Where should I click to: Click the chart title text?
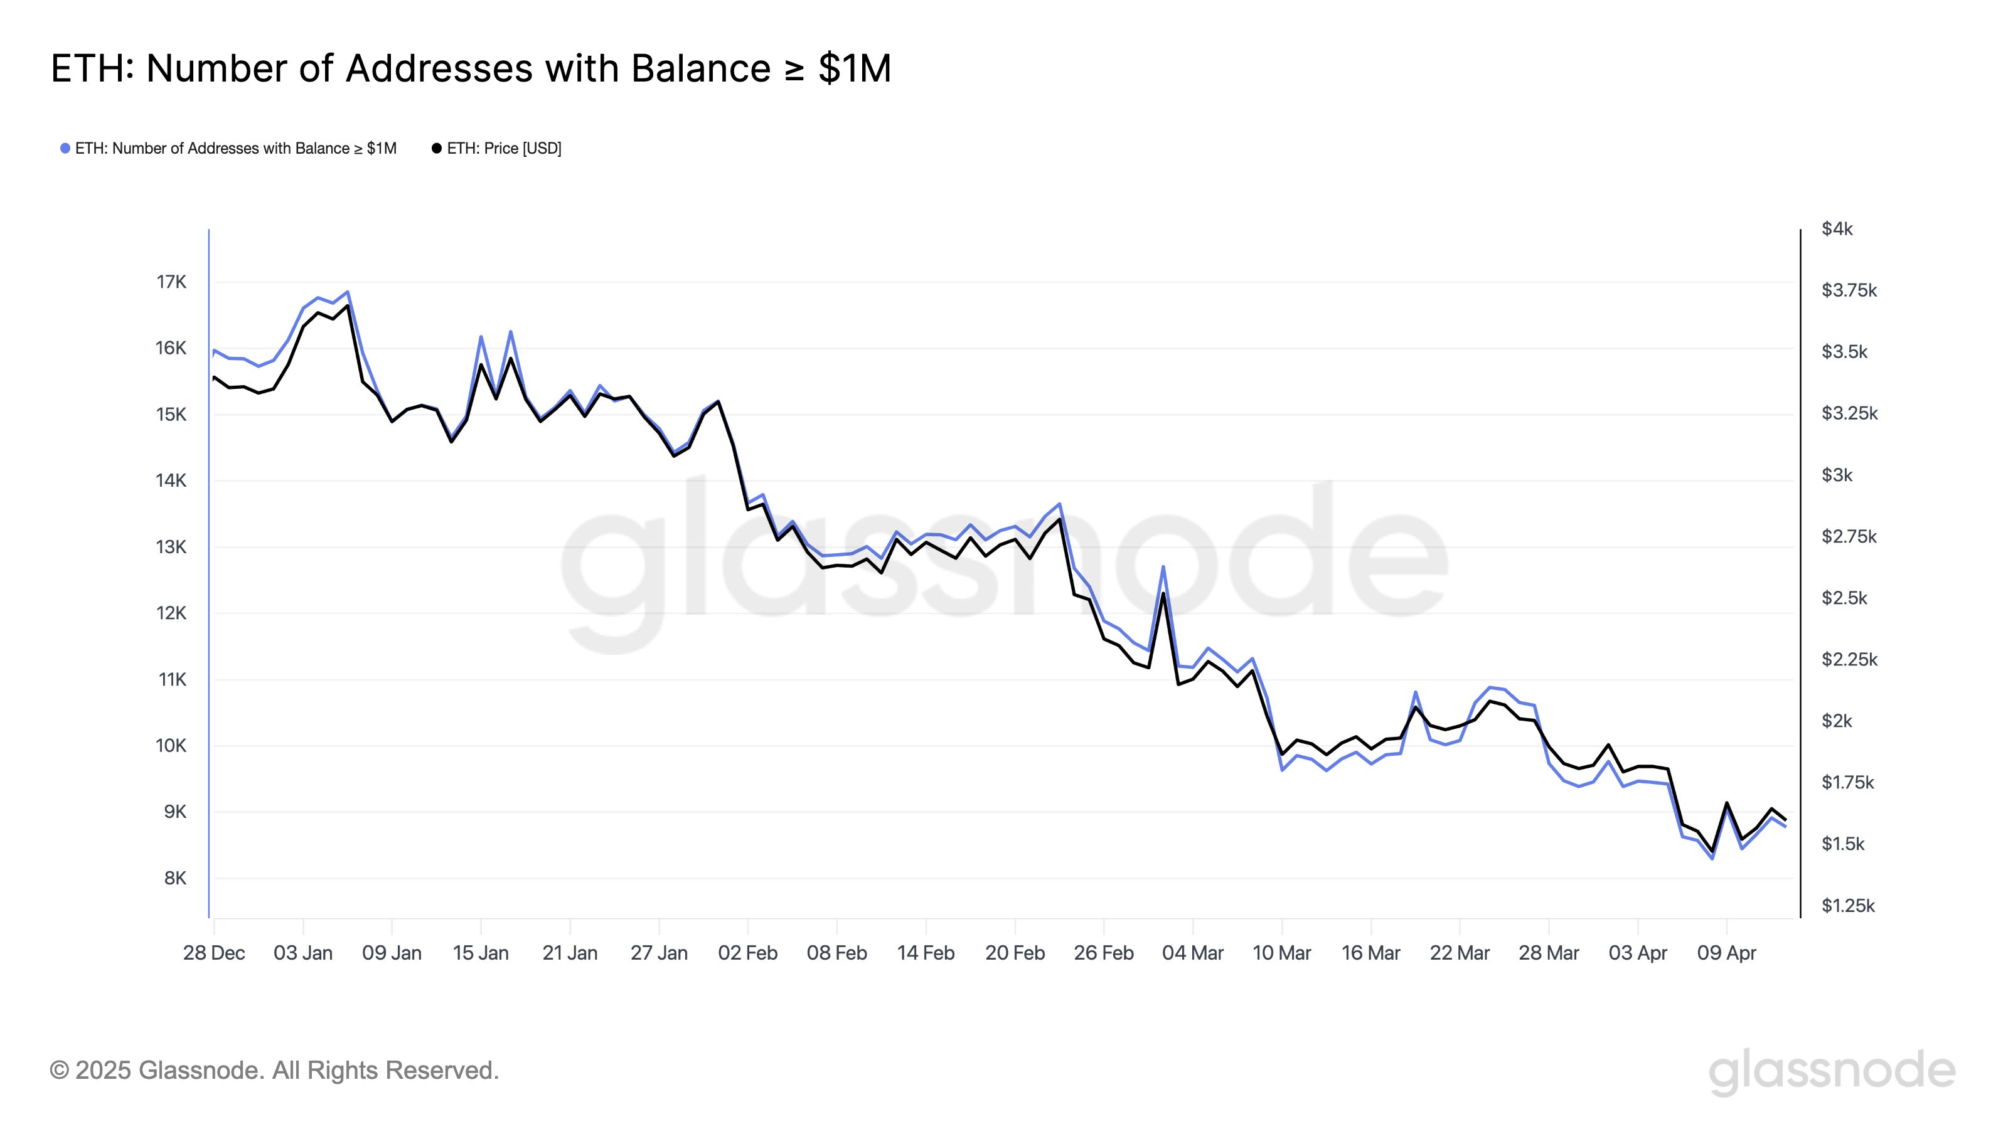(x=471, y=68)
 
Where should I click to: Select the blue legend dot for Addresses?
(x=65, y=148)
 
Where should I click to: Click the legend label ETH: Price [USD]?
(x=503, y=148)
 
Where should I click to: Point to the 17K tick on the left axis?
(x=171, y=282)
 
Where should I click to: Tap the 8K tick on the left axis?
(x=176, y=878)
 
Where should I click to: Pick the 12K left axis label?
(x=171, y=613)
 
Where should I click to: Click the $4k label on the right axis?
(x=1837, y=229)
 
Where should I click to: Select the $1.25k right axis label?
(x=1847, y=905)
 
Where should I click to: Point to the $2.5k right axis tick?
(x=1844, y=598)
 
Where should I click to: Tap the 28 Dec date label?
(x=213, y=953)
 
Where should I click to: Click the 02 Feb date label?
(x=747, y=953)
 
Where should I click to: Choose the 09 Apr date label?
(x=1727, y=953)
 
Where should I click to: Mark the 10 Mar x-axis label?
(x=1281, y=953)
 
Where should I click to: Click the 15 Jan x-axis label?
(x=480, y=953)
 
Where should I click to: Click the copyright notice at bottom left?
(x=274, y=1071)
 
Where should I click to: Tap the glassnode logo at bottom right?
(x=1832, y=1072)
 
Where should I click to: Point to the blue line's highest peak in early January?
(x=348, y=292)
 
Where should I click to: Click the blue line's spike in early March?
(x=1163, y=566)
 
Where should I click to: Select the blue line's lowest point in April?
(x=1712, y=859)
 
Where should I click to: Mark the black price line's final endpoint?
(x=1785, y=820)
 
